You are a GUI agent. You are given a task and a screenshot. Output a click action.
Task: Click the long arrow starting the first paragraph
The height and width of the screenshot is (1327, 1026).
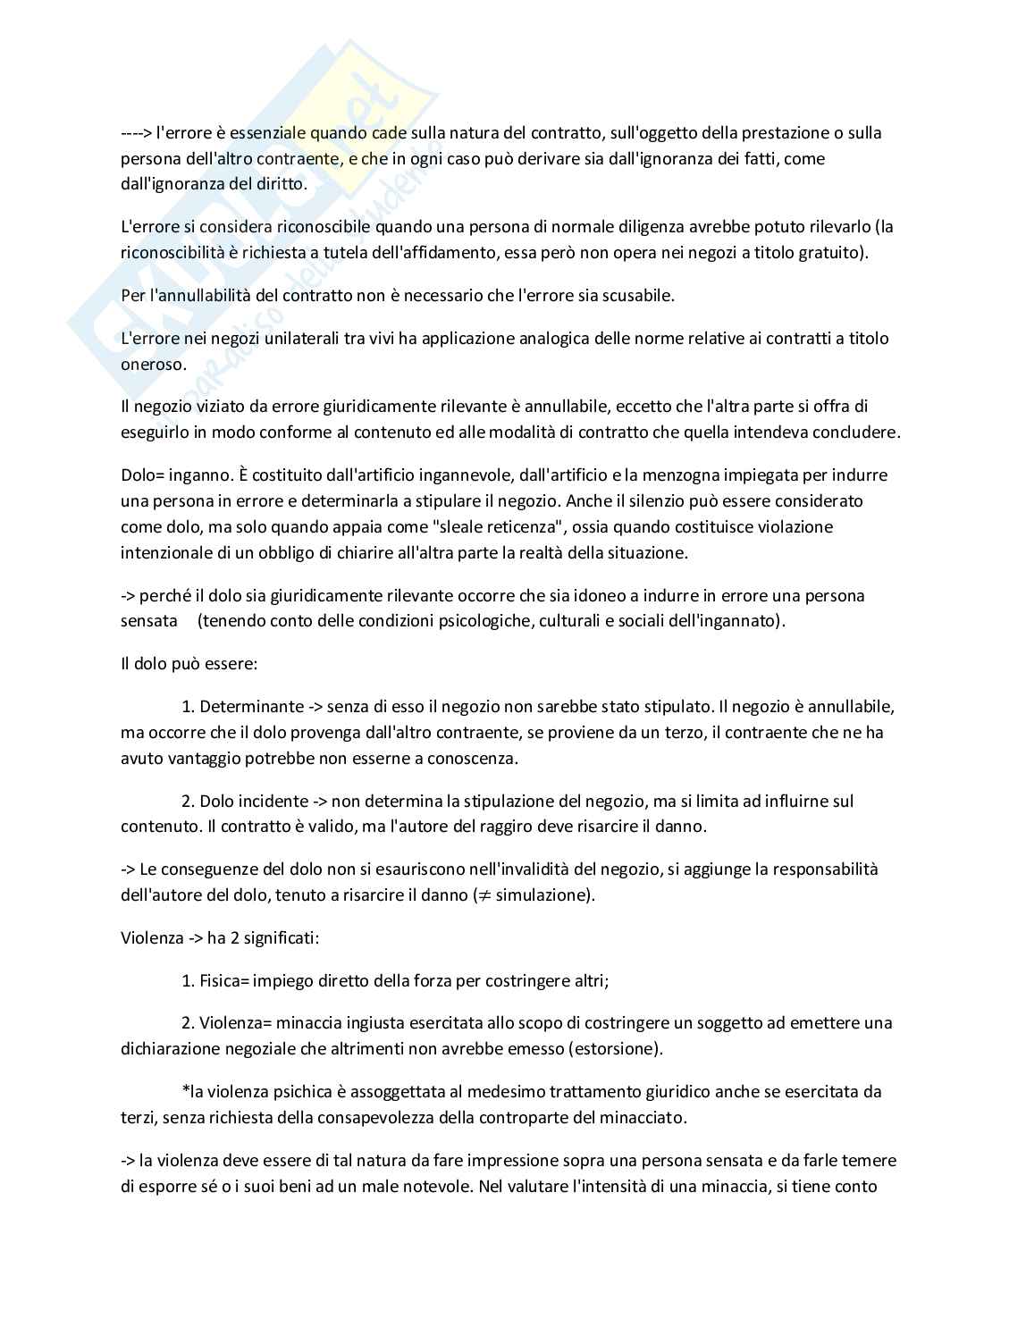point(136,133)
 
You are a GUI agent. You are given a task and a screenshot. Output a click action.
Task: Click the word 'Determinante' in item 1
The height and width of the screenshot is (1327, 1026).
point(251,706)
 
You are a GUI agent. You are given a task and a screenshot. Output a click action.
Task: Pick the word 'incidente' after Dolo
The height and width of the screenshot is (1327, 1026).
point(274,801)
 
